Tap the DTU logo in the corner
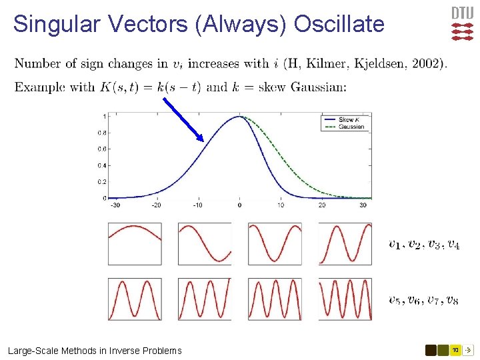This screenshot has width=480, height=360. [462, 24]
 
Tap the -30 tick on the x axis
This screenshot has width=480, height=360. [115, 205]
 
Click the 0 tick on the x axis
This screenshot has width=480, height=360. [239, 205]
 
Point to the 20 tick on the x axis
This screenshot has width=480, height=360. [322, 205]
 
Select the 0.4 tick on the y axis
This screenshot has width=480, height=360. [103, 165]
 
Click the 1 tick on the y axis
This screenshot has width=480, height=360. [104, 117]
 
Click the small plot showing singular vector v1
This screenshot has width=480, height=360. [135, 243]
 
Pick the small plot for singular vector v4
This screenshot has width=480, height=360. [345, 243]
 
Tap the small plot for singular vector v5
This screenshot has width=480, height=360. [135, 299]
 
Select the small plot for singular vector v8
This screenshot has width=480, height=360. [345, 299]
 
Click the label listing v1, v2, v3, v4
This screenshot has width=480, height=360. [423, 245]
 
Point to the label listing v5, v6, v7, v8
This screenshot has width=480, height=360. [423, 300]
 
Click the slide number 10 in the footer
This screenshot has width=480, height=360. [455, 350]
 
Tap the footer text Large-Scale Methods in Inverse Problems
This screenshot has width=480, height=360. [95, 351]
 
